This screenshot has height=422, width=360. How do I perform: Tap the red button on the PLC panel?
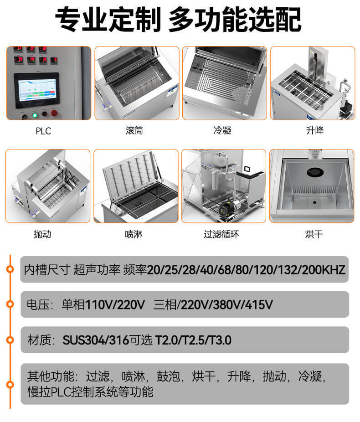[x=55, y=113]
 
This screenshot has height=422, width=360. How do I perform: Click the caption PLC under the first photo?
[x=43, y=131]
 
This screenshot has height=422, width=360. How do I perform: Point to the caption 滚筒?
[x=134, y=131]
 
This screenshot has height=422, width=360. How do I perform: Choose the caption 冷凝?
[x=222, y=131]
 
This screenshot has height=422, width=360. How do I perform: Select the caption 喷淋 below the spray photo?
[x=134, y=234]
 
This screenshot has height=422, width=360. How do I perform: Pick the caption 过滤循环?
[x=221, y=234]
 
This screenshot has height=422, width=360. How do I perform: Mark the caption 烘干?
[x=314, y=234]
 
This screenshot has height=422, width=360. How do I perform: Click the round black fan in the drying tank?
[x=314, y=172]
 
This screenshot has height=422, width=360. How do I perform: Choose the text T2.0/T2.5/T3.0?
[x=194, y=340]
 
